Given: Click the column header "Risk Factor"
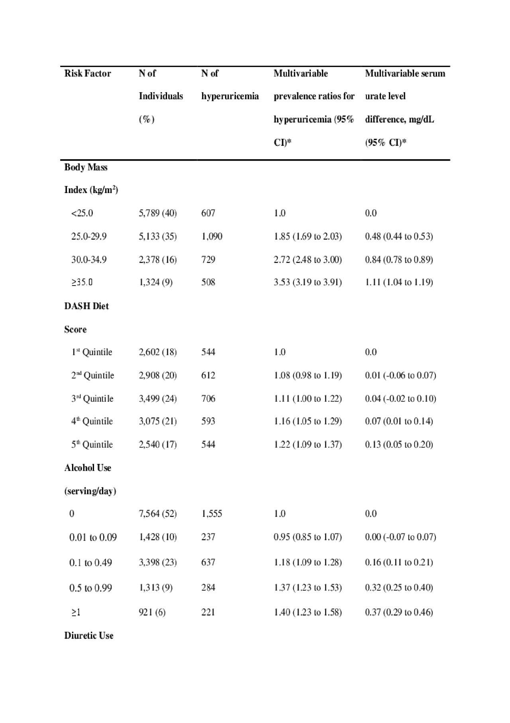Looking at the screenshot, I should [x=88, y=73].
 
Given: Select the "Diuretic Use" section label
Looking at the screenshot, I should [x=89, y=635].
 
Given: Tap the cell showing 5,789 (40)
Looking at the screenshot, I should [x=158, y=213].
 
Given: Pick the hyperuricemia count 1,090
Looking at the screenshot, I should [x=212, y=236].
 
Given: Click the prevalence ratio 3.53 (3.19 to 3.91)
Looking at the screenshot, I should [x=308, y=282].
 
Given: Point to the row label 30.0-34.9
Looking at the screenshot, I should [x=89, y=260].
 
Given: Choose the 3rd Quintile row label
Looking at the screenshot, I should [x=92, y=398].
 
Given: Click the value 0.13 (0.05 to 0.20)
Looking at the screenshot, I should [x=399, y=444].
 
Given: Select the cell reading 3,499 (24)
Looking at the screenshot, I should [x=158, y=398].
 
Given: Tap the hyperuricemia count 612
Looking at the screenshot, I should [x=208, y=375].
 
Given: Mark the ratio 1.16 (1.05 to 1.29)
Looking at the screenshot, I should [x=308, y=421].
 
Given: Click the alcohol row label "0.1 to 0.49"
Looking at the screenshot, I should [x=90, y=563].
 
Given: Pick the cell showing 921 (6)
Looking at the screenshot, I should [x=152, y=612].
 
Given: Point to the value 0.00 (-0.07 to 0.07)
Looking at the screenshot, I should [x=400, y=537].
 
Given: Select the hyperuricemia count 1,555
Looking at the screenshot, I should [x=212, y=514].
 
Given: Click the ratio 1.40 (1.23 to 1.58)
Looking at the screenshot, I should [x=308, y=612].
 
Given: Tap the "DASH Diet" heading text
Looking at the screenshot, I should [x=86, y=306].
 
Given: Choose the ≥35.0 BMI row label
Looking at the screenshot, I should [x=82, y=282].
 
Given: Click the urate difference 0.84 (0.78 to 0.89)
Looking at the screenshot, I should [x=399, y=260].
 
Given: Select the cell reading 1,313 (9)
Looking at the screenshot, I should [x=156, y=587].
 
